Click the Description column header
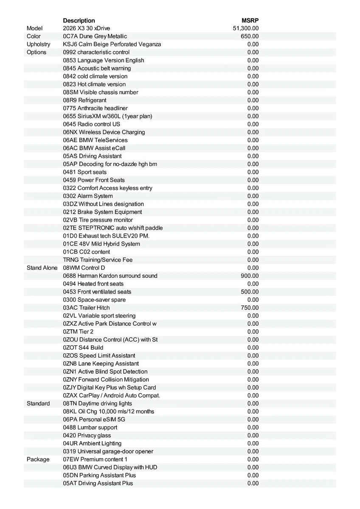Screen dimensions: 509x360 [x=79, y=20]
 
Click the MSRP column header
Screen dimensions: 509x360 [x=250, y=20]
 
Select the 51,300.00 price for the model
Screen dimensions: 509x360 [x=246, y=28]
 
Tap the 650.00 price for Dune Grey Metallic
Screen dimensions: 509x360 [x=250, y=36]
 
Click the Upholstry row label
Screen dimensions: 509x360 [x=38, y=44]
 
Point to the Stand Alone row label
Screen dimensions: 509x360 [x=42, y=268]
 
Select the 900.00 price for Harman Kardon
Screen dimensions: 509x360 [x=250, y=276]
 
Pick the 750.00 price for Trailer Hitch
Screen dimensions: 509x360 [x=250, y=308]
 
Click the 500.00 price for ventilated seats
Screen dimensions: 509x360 [x=250, y=292]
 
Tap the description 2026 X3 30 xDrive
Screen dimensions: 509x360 [x=86, y=28]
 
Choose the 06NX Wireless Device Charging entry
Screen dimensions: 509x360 [x=104, y=132]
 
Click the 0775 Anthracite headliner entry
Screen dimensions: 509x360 [x=95, y=108]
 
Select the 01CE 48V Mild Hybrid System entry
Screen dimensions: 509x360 [x=101, y=244]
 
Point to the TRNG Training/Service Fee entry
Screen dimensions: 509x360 [x=98, y=260]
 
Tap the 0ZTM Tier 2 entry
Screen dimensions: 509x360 [x=78, y=332]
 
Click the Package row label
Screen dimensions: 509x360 [x=38, y=459]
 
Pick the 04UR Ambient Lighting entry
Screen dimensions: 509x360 [x=92, y=443]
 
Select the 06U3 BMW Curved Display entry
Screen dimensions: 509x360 [x=110, y=467]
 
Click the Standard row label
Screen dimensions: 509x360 [x=38, y=403]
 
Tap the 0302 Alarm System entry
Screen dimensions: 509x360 [x=88, y=196]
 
